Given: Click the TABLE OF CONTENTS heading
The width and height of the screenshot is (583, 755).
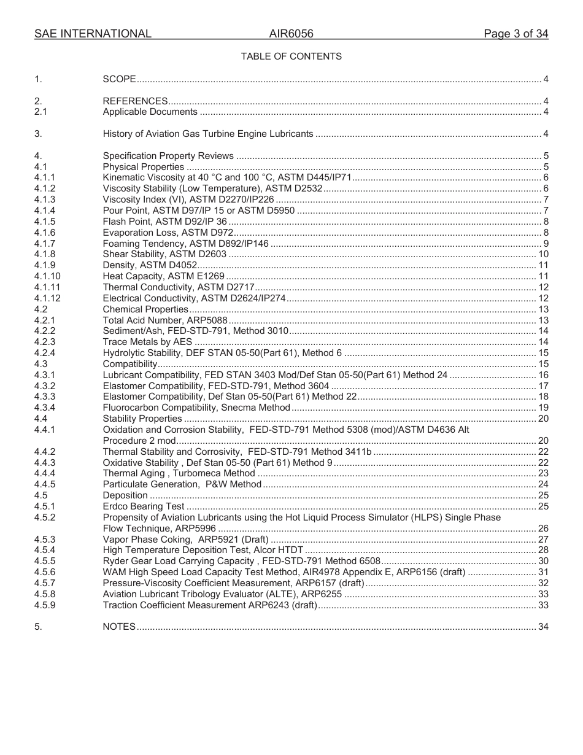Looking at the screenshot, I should point(291,56).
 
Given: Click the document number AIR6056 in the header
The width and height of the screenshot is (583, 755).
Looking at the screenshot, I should point(291,34).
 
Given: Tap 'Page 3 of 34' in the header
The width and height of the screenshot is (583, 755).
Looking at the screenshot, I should point(515,34).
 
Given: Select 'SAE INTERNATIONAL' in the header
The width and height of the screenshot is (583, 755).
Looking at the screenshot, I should point(93,34).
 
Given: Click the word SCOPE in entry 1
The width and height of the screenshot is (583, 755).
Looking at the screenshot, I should point(119,79).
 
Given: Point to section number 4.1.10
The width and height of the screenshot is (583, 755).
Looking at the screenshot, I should point(47,277).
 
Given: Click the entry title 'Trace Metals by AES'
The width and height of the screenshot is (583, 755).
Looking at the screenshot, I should point(147,342).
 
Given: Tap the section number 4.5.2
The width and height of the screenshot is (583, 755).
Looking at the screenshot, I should point(45,517).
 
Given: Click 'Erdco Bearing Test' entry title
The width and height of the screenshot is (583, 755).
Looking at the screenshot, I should point(143,506).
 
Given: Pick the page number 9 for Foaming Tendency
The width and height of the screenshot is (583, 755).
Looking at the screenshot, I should point(546,244).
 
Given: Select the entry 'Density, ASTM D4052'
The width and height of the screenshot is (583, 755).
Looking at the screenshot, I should point(150,266).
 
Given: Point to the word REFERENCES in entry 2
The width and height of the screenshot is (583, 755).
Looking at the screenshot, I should point(135,101).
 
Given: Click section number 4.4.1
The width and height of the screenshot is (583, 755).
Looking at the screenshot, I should point(45,430).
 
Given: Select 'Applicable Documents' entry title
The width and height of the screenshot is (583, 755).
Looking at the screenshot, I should point(150,112).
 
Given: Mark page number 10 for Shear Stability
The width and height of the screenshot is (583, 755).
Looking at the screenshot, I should point(542,255).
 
